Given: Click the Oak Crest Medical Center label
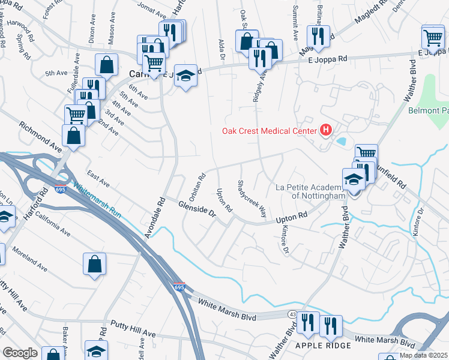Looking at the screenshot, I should pos(270,130).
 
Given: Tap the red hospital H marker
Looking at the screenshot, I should pos(326,130).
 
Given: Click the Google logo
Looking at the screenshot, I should pos(20,352).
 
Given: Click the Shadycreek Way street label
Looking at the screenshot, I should pos(252,198).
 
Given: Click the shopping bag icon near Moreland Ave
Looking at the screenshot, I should pos(95,263).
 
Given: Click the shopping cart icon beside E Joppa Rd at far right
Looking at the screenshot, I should pos(432,37).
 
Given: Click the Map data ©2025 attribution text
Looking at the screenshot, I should pos(424,355).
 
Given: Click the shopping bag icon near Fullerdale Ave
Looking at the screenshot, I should pos(106,65).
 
